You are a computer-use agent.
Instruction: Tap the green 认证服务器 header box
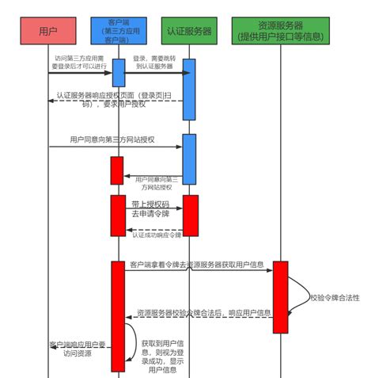tap(189, 31)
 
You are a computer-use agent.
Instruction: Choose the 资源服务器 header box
tap(281, 31)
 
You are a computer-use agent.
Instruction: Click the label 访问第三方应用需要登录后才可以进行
tap(78, 63)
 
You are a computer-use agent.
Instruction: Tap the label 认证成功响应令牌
tap(156, 235)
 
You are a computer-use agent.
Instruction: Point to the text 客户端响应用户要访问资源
tap(78, 349)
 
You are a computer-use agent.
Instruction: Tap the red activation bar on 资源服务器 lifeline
tap(280, 296)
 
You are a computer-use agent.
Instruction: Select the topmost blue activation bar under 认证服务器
tap(189, 88)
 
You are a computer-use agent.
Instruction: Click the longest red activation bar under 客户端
tap(118, 315)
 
